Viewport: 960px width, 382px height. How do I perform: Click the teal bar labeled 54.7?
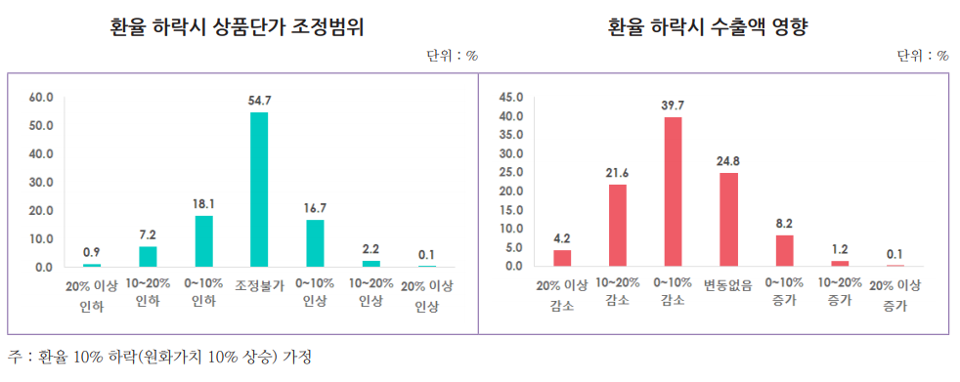(259, 190)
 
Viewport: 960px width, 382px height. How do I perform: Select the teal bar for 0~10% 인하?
(203, 241)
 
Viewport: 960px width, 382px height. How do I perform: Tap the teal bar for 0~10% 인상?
(315, 243)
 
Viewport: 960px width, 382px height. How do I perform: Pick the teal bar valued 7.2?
(147, 256)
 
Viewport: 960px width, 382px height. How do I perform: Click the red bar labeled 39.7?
(674, 191)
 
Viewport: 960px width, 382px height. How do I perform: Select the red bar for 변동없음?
(729, 220)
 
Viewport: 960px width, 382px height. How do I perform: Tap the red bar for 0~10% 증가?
(785, 251)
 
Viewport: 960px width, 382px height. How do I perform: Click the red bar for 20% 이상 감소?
(562, 258)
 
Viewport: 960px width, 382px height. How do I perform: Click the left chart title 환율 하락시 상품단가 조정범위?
(238, 27)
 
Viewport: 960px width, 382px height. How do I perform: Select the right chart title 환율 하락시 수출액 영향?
(714, 27)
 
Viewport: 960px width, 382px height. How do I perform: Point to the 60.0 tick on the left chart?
(41, 98)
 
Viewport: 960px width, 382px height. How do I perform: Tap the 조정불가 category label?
(259, 284)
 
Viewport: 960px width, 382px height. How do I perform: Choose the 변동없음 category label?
(729, 284)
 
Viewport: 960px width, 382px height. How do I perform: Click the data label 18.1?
(203, 203)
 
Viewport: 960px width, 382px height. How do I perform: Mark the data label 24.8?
(729, 160)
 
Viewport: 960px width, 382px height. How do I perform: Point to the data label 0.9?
(91, 252)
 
